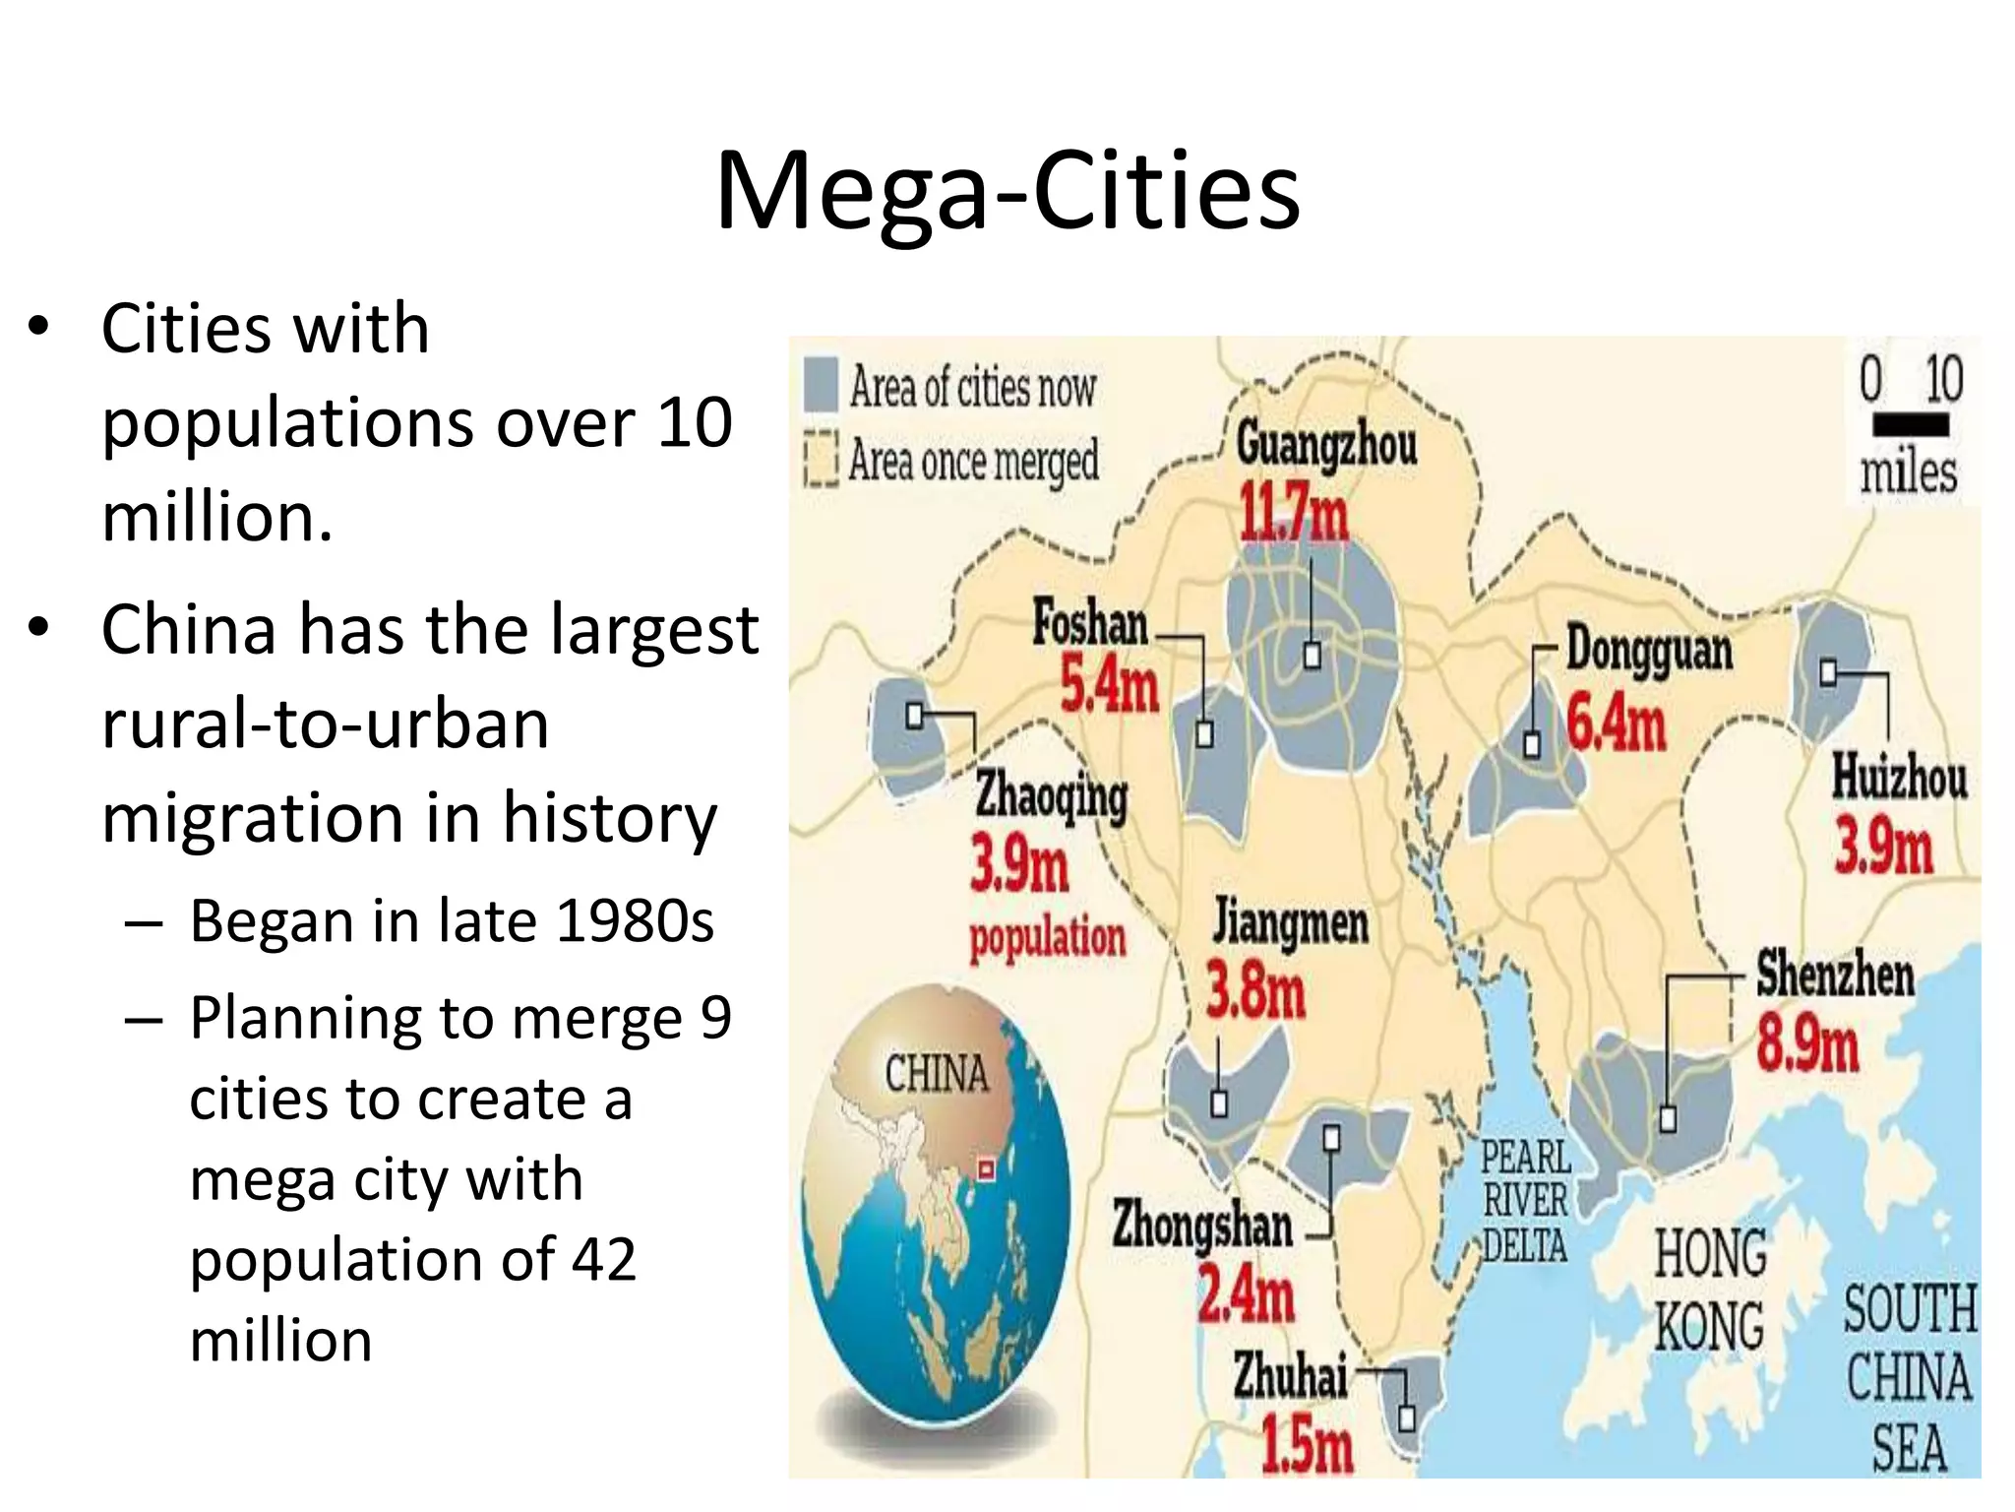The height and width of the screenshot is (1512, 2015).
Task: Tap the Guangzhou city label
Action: [1326, 444]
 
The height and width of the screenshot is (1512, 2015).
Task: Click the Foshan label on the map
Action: [1090, 623]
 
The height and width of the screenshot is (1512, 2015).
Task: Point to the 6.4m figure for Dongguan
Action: [1616, 724]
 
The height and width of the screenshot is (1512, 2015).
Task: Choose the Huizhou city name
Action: [1899, 777]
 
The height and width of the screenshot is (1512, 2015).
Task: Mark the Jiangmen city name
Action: [1290, 922]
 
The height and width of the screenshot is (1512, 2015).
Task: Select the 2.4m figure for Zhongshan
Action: [1246, 1294]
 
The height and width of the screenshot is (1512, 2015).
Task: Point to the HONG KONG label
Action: [1710, 1290]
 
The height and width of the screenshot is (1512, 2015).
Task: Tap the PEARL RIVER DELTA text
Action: [1525, 1201]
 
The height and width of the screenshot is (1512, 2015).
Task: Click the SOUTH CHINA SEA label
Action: [1909, 1378]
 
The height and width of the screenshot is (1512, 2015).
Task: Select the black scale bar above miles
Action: [1911, 425]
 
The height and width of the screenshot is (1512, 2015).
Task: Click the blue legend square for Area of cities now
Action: [821, 384]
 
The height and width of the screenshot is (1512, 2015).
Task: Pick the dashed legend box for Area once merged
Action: [821, 459]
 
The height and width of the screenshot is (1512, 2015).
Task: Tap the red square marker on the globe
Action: [986, 1169]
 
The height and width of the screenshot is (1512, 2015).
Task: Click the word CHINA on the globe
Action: [937, 1073]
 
